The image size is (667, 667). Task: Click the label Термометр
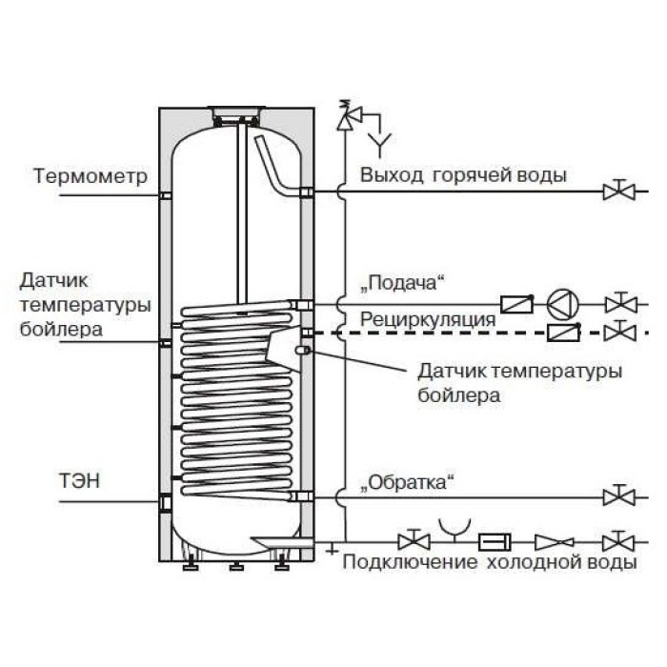click(91, 175)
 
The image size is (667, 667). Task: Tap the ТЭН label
click(79, 480)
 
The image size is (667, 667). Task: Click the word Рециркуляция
click(428, 320)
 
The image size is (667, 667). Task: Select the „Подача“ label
click(401, 283)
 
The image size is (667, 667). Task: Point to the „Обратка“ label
click(407, 483)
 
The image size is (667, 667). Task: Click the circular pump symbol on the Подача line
click(563, 304)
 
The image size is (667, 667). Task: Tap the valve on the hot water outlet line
click(619, 190)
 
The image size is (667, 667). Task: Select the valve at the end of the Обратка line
click(619, 495)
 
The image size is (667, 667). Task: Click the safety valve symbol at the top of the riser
click(348, 114)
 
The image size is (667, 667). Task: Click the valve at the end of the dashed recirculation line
click(620, 331)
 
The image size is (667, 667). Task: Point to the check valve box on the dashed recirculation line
click(564, 332)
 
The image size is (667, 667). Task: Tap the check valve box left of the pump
click(516, 304)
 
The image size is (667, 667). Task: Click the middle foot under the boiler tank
click(236, 566)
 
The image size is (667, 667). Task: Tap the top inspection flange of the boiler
click(236, 111)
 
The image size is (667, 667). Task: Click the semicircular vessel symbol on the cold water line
click(455, 528)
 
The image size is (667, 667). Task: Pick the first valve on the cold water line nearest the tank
click(414, 541)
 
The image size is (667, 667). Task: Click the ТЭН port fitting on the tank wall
click(165, 502)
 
